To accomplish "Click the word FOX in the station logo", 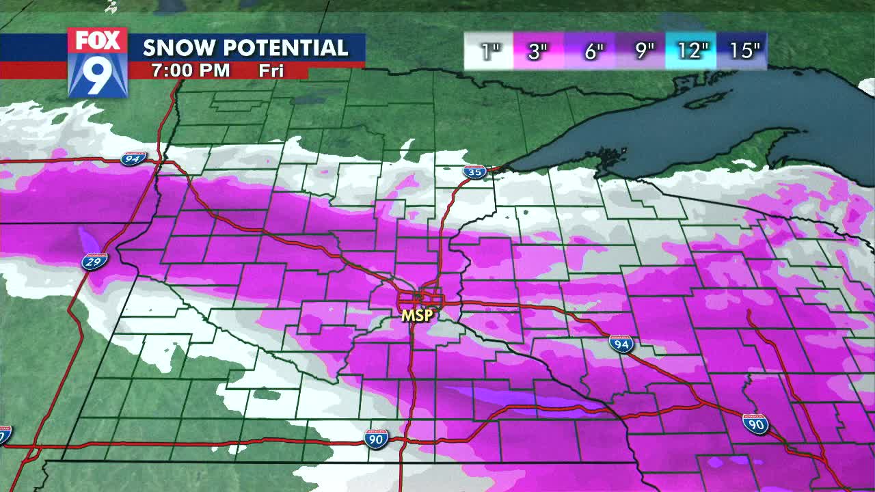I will [x=97, y=40].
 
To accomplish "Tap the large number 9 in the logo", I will [x=97, y=74].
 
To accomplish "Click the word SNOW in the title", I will [x=180, y=48].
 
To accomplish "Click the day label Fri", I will [x=271, y=70].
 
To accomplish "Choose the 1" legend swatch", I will [x=489, y=51].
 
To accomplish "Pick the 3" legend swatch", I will [x=538, y=51].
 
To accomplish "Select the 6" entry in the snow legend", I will [x=590, y=51].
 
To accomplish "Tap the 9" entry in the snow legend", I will [x=641, y=51].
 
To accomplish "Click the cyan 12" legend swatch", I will [x=692, y=51].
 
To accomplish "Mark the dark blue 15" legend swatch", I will [x=742, y=51].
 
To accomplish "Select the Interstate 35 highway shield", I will [x=474, y=172].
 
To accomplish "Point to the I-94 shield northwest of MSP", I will [x=133, y=159].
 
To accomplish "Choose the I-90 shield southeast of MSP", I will [x=755, y=424].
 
